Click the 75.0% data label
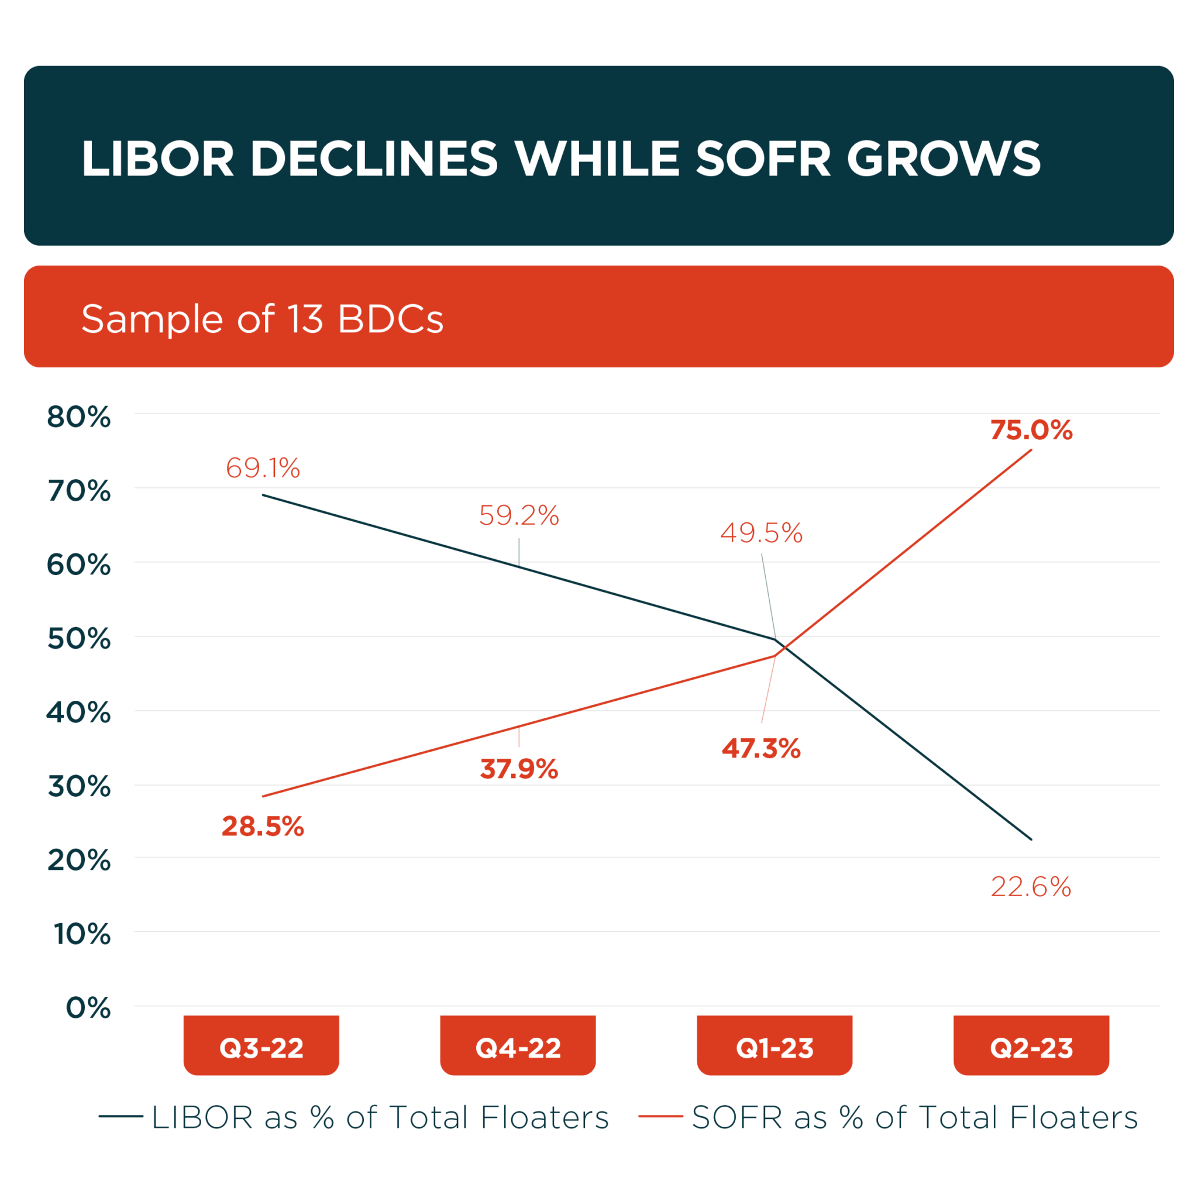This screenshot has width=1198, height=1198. tap(1031, 431)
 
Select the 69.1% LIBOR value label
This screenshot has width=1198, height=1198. tap(263, 468)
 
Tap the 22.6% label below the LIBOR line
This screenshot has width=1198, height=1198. tap(1031, 887)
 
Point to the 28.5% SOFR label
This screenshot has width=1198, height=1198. tap(263, 827)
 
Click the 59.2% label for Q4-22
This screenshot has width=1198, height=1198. tap(519, 516)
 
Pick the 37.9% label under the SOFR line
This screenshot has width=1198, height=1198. tap(519, 769)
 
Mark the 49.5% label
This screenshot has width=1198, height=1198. tap(762, 533)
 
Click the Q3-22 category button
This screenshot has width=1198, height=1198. tap(261, 1048)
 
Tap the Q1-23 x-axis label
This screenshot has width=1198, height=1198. tap(774, 1048)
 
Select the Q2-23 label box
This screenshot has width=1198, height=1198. tap(1031, 1048)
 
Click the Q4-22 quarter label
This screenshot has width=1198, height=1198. tap(518, 1048)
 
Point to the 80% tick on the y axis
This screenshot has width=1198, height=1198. tap(79, 417)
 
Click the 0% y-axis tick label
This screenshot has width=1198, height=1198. tap(88, 1008)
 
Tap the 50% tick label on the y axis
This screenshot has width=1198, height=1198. tap(79, 639)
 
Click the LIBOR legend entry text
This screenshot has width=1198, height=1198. tap(380, 1117)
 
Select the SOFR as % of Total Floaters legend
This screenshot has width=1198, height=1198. tap(915, 1117)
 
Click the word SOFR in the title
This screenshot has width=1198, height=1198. tap(763, 159)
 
